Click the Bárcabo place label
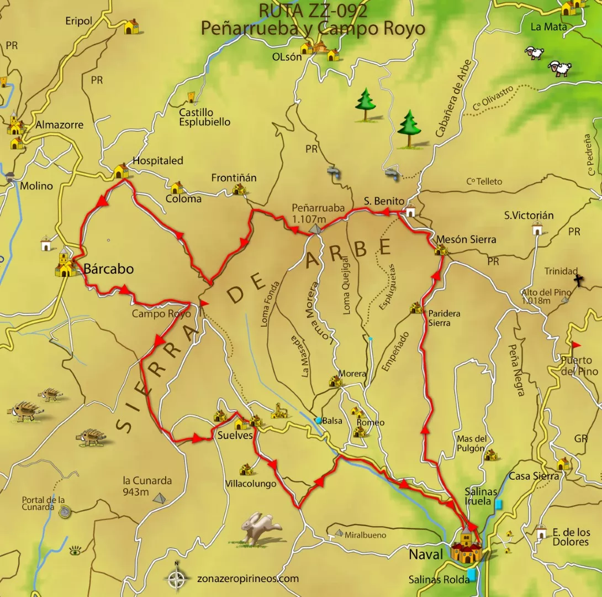tap(108, 269)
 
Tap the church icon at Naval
tap(466, 546)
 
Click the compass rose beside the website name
tap(177, 579)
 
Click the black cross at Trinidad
tap(578, 280)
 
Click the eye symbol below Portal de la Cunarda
tap(75, 551)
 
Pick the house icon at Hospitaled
tap(121, 171)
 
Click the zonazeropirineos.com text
tap(247, 579)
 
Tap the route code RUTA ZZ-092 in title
tap(313, 11)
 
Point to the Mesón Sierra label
tap(466, 239)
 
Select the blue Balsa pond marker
tap(318, 421)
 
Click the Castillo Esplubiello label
tap(204, 117)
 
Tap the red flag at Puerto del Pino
tap(576, 345)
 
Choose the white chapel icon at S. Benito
tap(410, 211)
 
